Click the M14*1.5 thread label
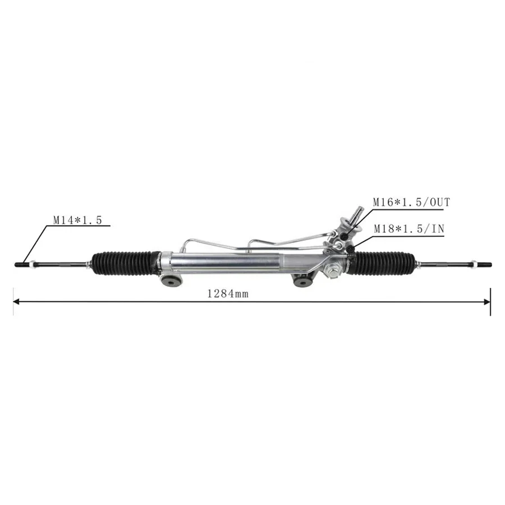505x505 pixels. tap(77, 221)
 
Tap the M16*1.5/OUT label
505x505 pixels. tap(412, 202)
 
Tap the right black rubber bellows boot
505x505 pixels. tap(385, 263)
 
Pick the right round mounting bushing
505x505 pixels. tap(303, 280)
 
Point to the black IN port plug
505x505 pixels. tap(350, 247)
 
